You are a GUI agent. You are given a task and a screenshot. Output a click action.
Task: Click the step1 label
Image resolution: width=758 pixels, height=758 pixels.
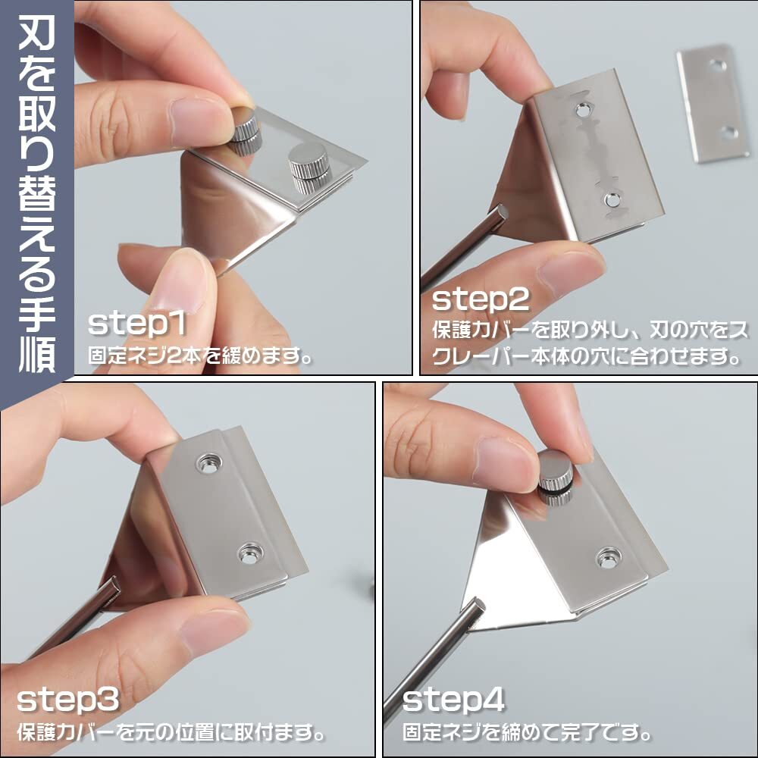click(x=136, y=324)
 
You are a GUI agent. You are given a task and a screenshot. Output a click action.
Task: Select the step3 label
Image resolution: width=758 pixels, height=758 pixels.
click(x=68, y=699)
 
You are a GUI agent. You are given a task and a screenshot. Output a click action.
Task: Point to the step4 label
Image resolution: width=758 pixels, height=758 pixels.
click(x=453, y=699)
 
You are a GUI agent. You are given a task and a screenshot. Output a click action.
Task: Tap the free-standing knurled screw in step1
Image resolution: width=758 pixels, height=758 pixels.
click(x=309, y=168)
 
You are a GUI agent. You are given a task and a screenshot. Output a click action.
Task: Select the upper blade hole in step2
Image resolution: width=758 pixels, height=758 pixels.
click(x=582, y=111)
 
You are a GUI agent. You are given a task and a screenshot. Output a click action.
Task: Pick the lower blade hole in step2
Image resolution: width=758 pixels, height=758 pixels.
click(x=612, y=199)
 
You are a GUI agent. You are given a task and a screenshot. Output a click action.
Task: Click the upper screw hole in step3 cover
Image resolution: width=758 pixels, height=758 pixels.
click(x=209, y=464)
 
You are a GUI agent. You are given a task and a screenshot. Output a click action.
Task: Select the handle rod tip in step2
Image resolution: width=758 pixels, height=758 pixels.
click(x=500, y=213)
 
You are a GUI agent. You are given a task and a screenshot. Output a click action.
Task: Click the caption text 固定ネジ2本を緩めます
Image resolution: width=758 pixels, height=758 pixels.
click(x=199, y=357)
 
